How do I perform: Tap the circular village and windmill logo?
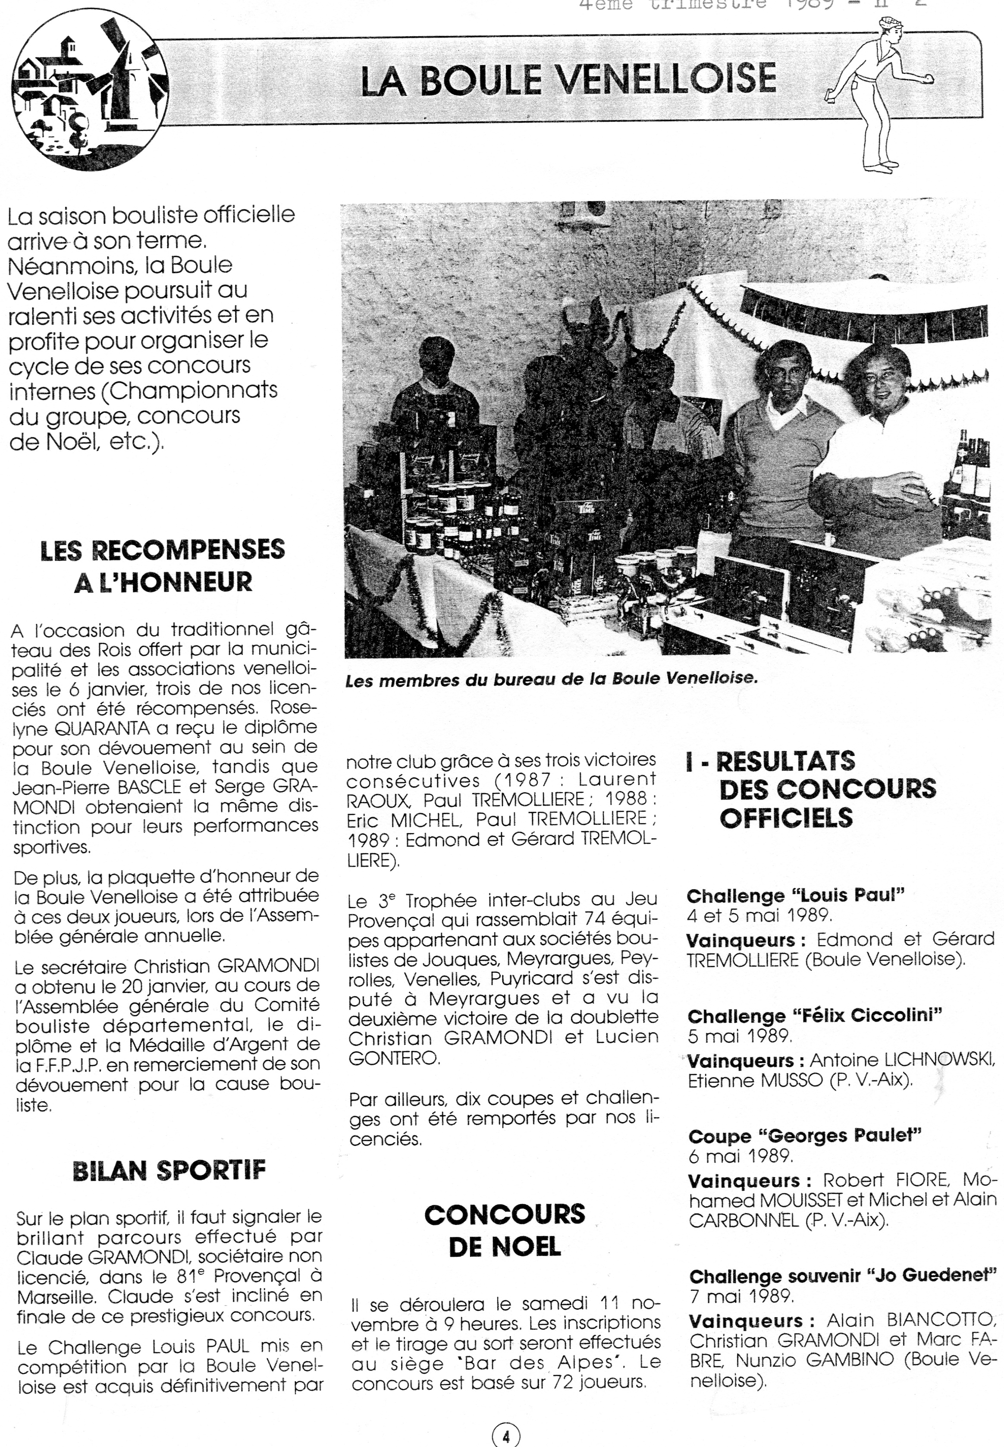[x=90, y=90]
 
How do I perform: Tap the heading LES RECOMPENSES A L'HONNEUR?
[x=162, y=565]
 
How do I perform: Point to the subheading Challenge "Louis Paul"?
[x=795, y=896]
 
